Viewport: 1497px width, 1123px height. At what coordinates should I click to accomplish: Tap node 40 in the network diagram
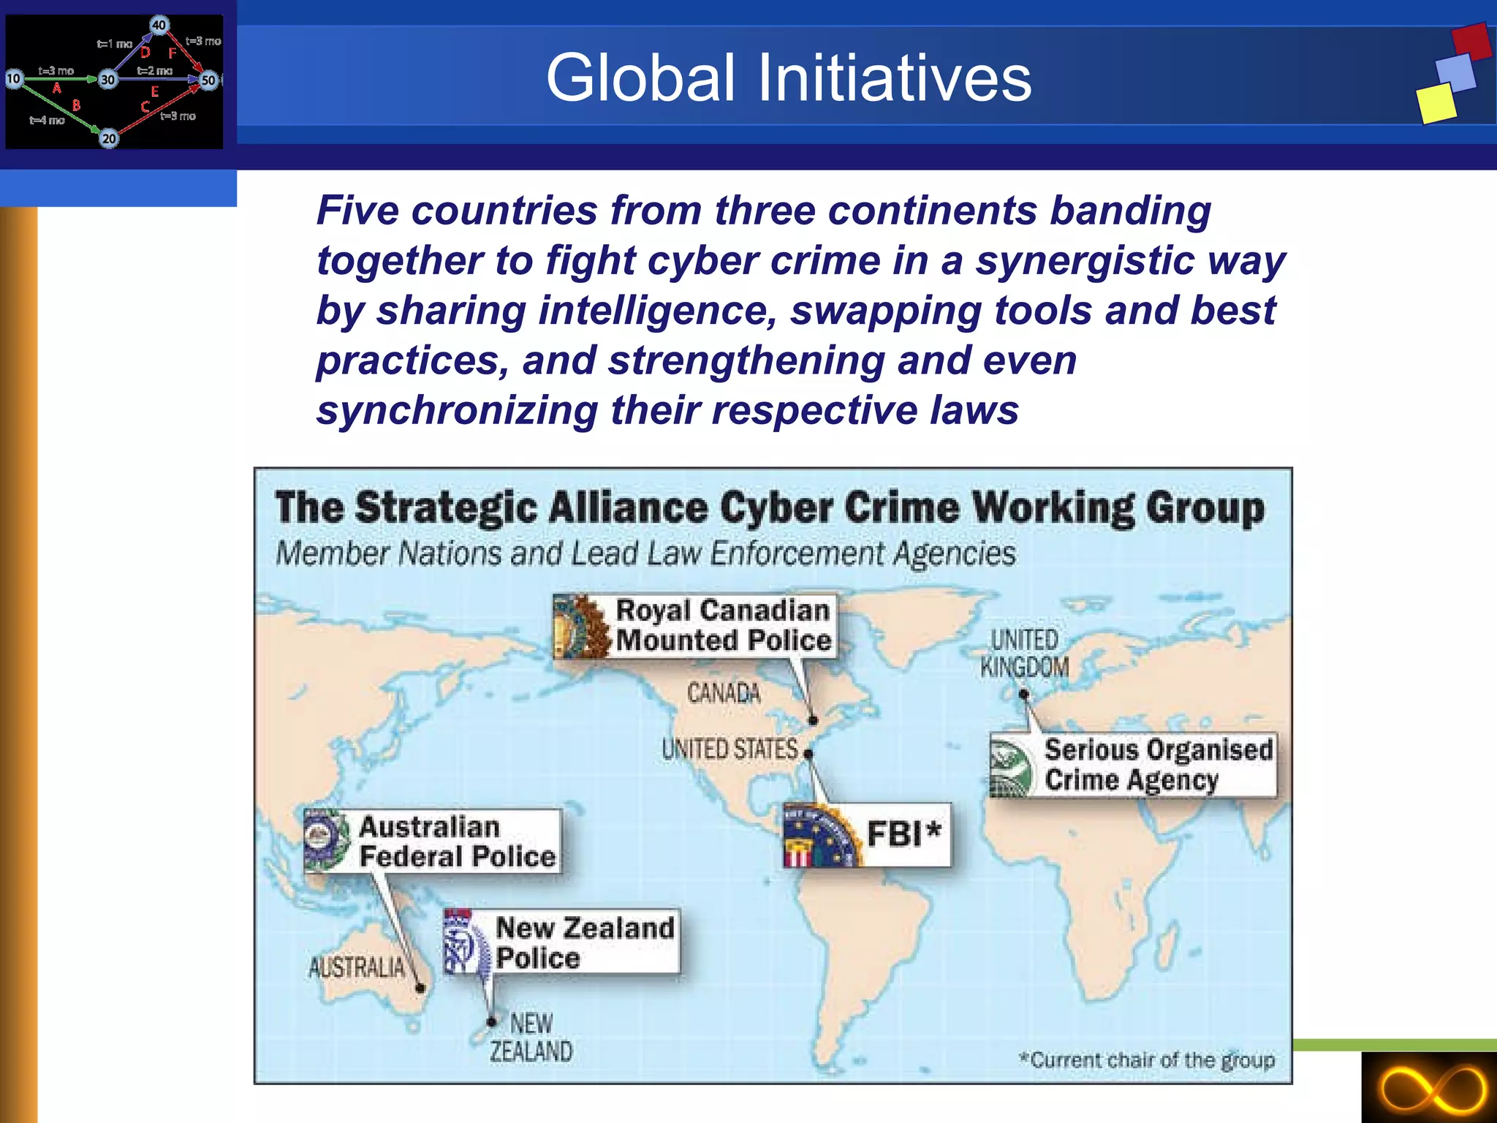tap(159, 25)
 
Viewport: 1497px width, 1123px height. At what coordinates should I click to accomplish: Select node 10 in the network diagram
tap(14, 78)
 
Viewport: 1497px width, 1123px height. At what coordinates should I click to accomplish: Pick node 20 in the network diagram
tap(109, 138)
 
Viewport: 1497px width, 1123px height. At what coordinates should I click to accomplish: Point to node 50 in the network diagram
tap(209, 80)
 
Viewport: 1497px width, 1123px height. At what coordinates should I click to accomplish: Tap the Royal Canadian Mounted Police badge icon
tap(582, 626)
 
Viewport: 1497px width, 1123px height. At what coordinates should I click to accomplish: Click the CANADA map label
tap(723, 692)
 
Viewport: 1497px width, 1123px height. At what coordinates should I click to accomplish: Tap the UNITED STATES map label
tap(729, 749)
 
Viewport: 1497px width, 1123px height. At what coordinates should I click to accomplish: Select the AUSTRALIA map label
tap(356, 967)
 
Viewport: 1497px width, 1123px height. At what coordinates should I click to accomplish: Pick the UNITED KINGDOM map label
tap(1024, 653)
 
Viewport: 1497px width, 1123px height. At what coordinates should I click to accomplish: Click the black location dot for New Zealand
tap(492, 1021)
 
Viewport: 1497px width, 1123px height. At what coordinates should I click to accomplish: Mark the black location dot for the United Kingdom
tap(1023, 693)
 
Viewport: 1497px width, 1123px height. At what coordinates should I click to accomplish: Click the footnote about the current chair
tap(1147, 1059)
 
